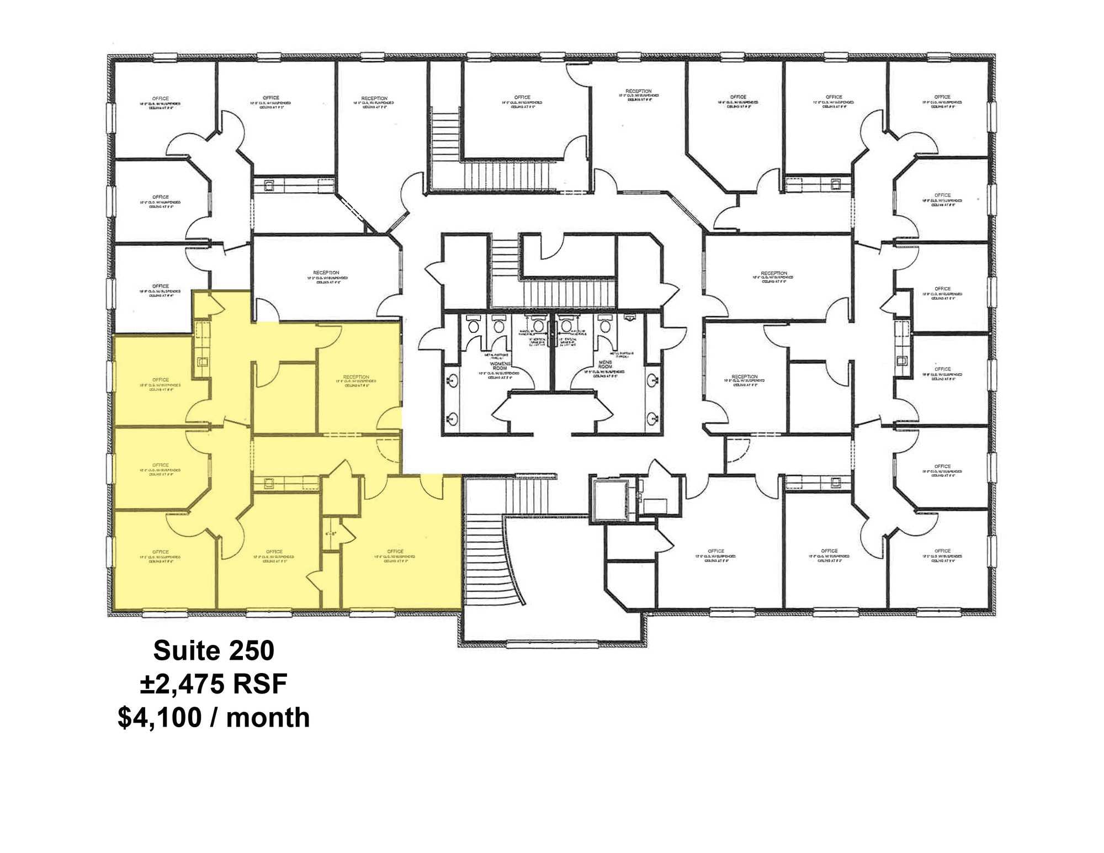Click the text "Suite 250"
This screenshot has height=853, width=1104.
pyautogui.click(x=214, y=650)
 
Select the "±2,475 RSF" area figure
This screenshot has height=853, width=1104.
pyautogui.click(x=214, y=684)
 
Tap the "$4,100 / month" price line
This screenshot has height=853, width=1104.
pyautogui.click(x=214, y=718)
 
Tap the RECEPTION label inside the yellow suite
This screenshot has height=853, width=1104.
pyautogui.click(x=356, y=377)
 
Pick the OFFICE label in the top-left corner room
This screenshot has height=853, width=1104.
pyautogui.click(x=161, y=98)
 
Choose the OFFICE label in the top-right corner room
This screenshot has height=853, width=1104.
pyautogui.click(x=942, y=97)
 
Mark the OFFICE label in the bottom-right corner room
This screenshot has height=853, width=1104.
pyautogui.click(x=942, y=550)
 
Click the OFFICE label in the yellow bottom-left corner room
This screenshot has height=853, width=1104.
pyautogui.click(x=161, y=552)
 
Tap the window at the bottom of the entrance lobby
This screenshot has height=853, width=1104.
pyautogui.click(x=552, y=642)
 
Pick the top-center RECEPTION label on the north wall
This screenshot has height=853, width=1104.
pyautogui.click(x=638, y=91)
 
